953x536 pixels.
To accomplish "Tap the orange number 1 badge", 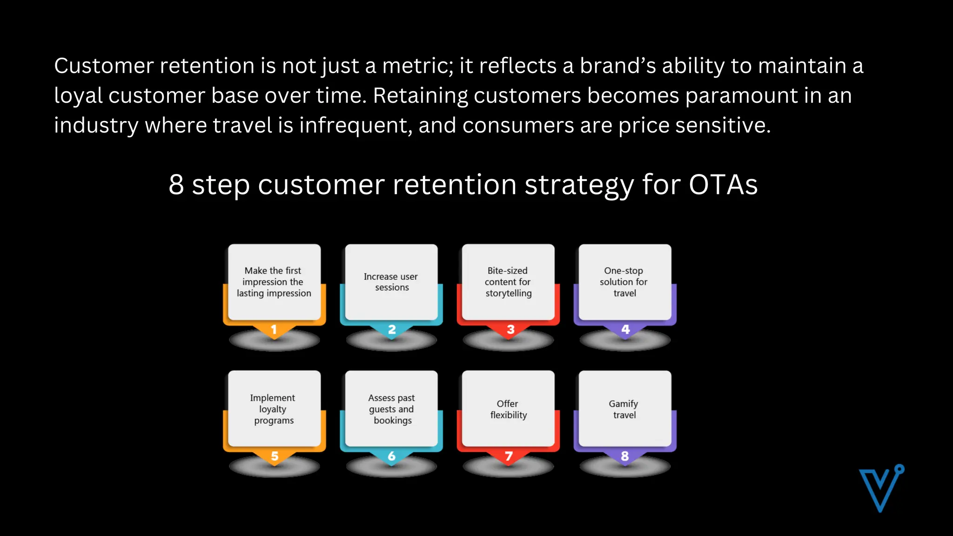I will (x=274, y=330).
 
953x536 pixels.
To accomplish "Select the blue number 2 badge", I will (x=392, y=330).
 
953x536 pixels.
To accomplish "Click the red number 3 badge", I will (x=510, y=330).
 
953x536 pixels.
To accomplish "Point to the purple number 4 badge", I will (x=625, y=330).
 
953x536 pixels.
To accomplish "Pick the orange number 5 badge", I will (x=275, y=456).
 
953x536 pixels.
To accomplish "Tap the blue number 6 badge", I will (x=392, y=456).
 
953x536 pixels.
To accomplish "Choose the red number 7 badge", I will (x=509, y=456).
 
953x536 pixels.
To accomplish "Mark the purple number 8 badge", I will (x=625, y=456).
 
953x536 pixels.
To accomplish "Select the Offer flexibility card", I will (x=508, y=409).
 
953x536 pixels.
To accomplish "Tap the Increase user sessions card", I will (x=391, y=281).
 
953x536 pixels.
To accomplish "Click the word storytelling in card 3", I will (x=509, y=294).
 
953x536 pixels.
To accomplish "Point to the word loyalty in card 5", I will (x=273, y=409).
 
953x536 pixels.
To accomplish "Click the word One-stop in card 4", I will (x=624, y=271).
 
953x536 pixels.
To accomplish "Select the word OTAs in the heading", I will (x=723, y=185).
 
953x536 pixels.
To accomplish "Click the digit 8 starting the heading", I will (x=176, y=185).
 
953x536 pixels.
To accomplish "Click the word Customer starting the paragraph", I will (x=104, y=66).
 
